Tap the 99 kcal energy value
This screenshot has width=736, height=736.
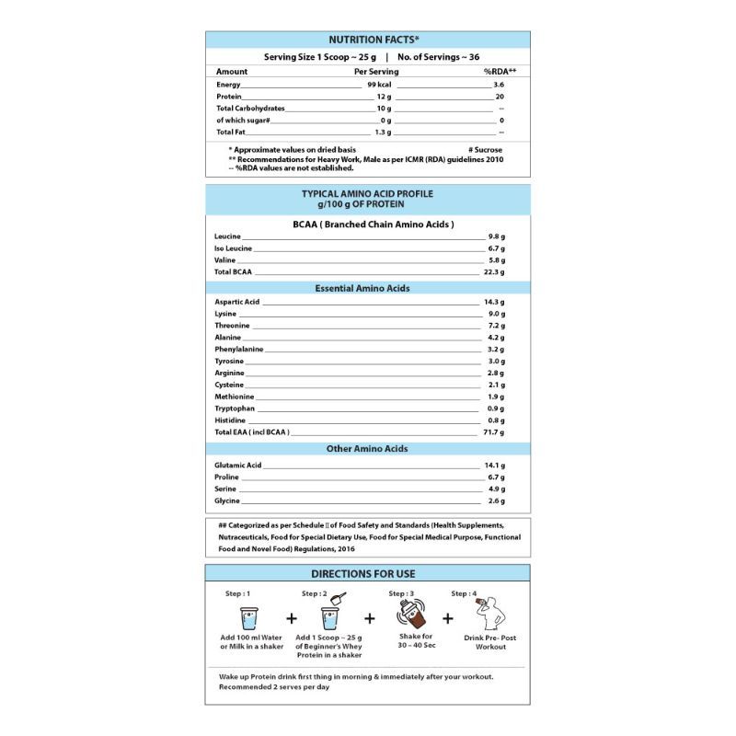pyautogui.click(x=379, y=85)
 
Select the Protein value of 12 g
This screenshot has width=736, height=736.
pyautogui.click(x=384, y=97)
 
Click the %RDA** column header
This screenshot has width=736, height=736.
pyautogui.click(x=500, y=71)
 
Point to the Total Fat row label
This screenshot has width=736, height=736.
pyautogui.click(x=230, y=132)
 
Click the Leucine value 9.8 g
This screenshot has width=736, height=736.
pyautogui.click(x=497, y=236)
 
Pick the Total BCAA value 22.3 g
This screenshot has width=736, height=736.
pyautogui.click(x=494, y=272)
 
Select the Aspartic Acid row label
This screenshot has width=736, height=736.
pyautogui.click(x=237, y=302)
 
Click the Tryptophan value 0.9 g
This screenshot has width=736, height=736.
pyautogui.click(x=496, y=408)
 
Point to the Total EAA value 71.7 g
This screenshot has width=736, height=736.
pyautogui.click(x=494, y=431)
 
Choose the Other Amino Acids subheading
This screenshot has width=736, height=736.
pyautogui.click(x=367, y=449)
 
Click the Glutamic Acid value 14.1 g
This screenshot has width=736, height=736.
pyautogui.click(x=495, y=466)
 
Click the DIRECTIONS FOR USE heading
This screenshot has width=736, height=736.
pyautogui.click(x=367, y=574)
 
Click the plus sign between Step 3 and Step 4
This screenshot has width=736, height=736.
pyautogui.click(x=448, y=618)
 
